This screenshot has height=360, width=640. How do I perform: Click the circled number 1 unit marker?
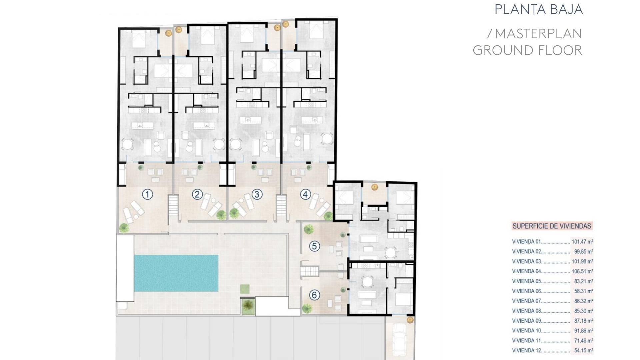[x=147, y=194]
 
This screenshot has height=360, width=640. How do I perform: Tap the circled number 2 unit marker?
[x=197, y=194]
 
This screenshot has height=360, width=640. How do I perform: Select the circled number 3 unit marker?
[x=257, y=194]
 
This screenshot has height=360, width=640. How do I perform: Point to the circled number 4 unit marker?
[x=305, y=194]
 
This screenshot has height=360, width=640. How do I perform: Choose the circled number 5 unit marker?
[x=314, y=246]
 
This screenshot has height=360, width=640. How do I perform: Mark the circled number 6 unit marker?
[x=314, y=295]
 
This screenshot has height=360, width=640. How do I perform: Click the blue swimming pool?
[x=176, y=273]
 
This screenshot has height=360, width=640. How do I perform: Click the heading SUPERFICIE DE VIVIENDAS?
[x=552, y=226]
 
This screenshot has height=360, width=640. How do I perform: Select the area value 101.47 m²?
[x=582, y=242]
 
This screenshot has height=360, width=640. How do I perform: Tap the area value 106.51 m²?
[x=582, y=271]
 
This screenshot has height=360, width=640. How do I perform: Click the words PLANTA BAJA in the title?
[x=539, y=10]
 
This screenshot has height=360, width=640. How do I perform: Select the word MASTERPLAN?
[x=539, y=34]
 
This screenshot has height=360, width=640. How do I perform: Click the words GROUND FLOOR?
[x=527, y=50]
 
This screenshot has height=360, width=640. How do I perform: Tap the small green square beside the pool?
[x=245, y=289]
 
